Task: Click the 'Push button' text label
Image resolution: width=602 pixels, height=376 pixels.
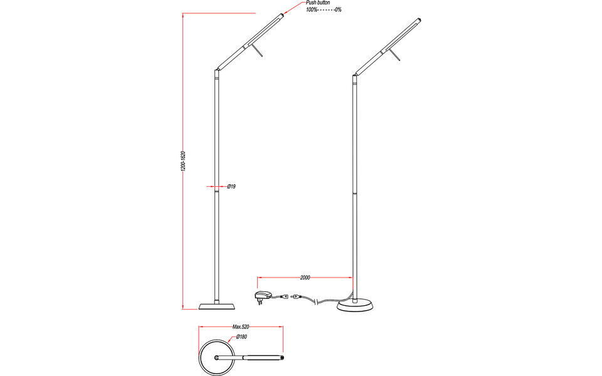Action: [318, 3]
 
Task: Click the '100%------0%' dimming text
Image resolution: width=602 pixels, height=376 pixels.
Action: [323, 11]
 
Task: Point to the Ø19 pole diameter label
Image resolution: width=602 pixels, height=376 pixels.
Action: [231, 187]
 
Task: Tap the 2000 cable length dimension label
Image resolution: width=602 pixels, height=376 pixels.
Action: [305, 277]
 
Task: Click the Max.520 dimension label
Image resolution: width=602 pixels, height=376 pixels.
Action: [241, 327]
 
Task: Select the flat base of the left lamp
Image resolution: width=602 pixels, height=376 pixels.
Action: [217, 306]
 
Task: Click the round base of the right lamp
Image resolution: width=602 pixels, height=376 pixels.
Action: [355, 305]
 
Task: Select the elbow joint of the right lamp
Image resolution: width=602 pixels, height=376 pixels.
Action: [354, 75]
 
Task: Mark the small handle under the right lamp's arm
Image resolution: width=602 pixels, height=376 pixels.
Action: [396, 57]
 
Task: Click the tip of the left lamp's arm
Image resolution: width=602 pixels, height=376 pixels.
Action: [282, 14]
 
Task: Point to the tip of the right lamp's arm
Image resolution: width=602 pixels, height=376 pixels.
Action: [418, 20]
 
